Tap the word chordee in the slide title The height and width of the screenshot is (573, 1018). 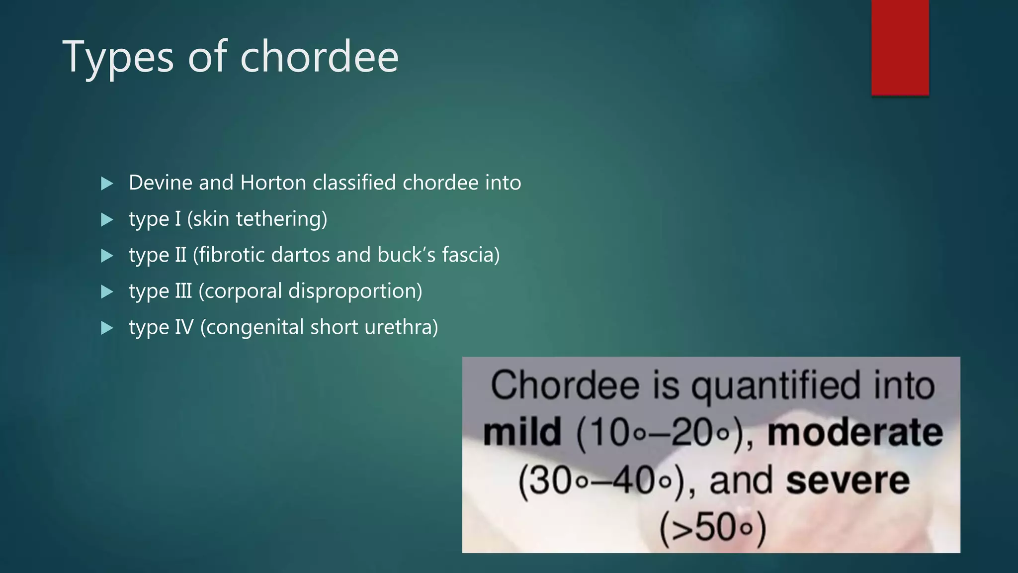click(x=319, y=57)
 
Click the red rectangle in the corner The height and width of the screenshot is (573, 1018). click(x=900, y=47)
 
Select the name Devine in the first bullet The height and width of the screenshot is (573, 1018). click(x=161, y=183)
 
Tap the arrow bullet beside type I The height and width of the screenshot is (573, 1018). click(x=107, y=219)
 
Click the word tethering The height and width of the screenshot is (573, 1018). click(x=281, y=219)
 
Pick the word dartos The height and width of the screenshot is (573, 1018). click(x=301, y=255)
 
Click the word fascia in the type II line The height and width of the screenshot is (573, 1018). click(x=470, y=255)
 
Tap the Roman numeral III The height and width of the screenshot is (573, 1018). click(x=183, y=291)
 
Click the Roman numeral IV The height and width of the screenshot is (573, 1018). click(x=184, y=327)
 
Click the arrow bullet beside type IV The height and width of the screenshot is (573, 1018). click(x=107, y=328)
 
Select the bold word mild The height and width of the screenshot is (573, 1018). click(x=522, y=432)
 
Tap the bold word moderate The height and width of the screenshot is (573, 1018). click(x=855, y=432)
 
